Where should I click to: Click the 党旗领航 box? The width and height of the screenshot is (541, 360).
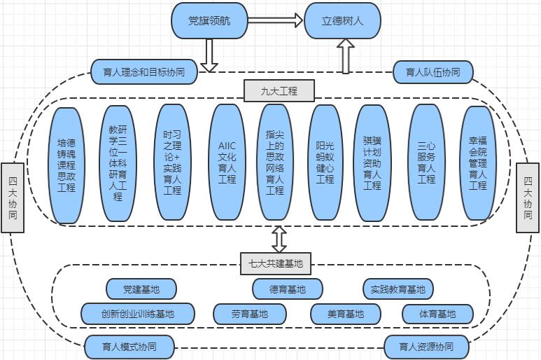tap(209, 21)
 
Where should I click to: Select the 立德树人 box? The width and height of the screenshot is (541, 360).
tap(342, 21)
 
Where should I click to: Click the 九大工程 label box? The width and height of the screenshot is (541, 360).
tap(279, 90)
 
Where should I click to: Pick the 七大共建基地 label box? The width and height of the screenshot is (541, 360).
tap(276, 263)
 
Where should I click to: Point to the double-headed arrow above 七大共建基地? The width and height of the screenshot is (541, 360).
tap(279, 239)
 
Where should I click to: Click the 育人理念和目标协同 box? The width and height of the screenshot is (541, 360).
tap(144, 71)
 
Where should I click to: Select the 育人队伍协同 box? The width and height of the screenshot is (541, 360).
tap(433, 71)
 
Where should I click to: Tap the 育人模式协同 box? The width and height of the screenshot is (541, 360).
tap(129, 346)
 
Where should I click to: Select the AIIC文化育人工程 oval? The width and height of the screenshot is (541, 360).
tap(227, 163)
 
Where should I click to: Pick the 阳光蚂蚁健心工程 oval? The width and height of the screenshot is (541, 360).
tap(325, 163)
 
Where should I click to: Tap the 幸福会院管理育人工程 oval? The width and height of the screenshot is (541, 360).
tap(477, 163)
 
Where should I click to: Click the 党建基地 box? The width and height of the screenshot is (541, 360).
tap(141, 289)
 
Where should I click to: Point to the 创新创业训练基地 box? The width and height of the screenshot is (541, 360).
tap(138, 314)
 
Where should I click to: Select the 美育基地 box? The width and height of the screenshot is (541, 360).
tap(346, 314)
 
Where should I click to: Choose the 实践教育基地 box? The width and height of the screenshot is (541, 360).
tap(398, 289)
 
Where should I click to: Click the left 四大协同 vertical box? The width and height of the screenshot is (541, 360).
tap(13, 197)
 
